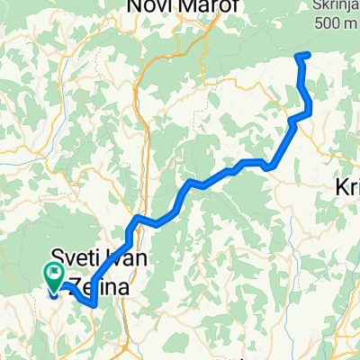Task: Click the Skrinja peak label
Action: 332,6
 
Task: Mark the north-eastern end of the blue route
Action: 308,56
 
